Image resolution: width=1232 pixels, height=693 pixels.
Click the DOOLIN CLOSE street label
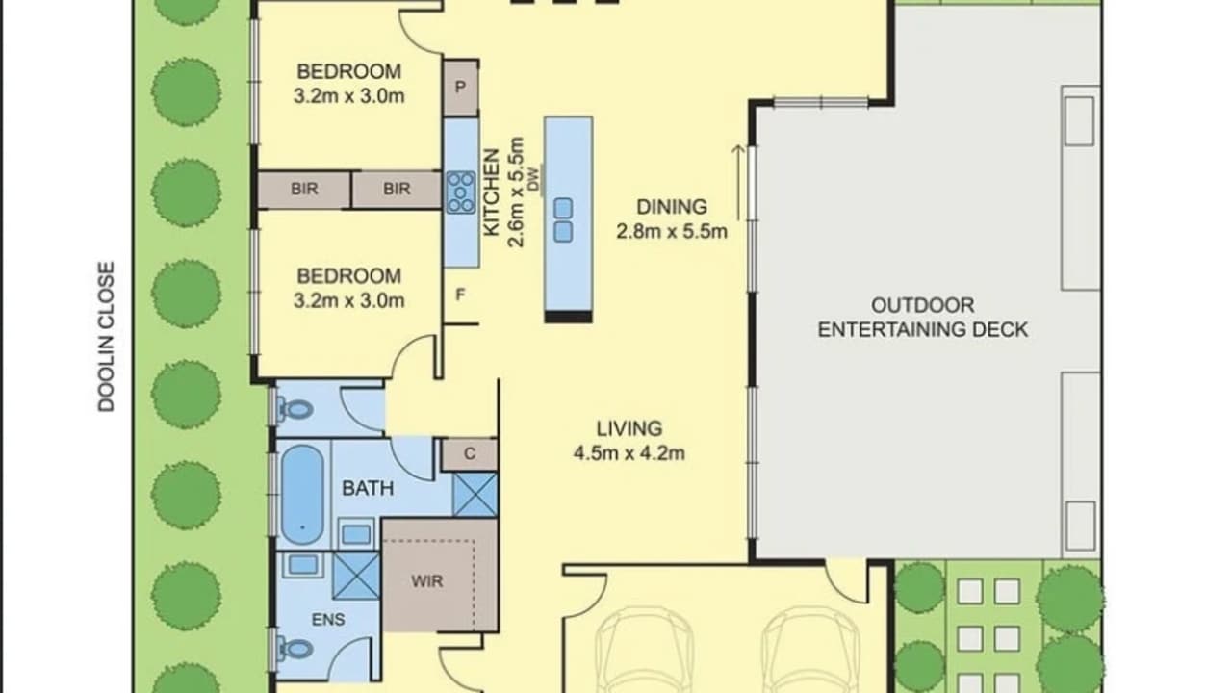[x=106, y=337]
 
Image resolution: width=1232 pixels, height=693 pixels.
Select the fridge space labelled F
[x=460, y=294]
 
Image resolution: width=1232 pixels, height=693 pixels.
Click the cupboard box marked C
[x=469, y=454]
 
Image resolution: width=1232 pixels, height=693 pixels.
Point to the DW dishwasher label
[x=532, y=180]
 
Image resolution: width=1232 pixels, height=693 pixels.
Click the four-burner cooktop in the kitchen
[x=461, y=192]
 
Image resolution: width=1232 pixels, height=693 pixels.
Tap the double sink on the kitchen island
[x=563, y=219]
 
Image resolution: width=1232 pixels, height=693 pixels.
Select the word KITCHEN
[x=491, y=192]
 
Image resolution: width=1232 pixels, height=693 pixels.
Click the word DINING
[x=671, y=207]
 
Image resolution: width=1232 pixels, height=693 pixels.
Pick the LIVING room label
[x=629, y=428]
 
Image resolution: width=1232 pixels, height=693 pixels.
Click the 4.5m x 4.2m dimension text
[x=629, y=453]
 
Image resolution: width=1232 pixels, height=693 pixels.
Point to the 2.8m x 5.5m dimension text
[x=671, y=231]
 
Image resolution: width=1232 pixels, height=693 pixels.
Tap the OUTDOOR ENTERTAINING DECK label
[x=922, y=318]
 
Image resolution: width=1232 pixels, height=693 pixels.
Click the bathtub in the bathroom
[x=302, y=494]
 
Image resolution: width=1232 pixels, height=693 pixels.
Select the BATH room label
[x=368, y=488]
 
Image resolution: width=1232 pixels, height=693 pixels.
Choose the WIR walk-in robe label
[x=428, y=582]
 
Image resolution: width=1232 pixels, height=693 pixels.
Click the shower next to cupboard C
[x=475, y=494]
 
